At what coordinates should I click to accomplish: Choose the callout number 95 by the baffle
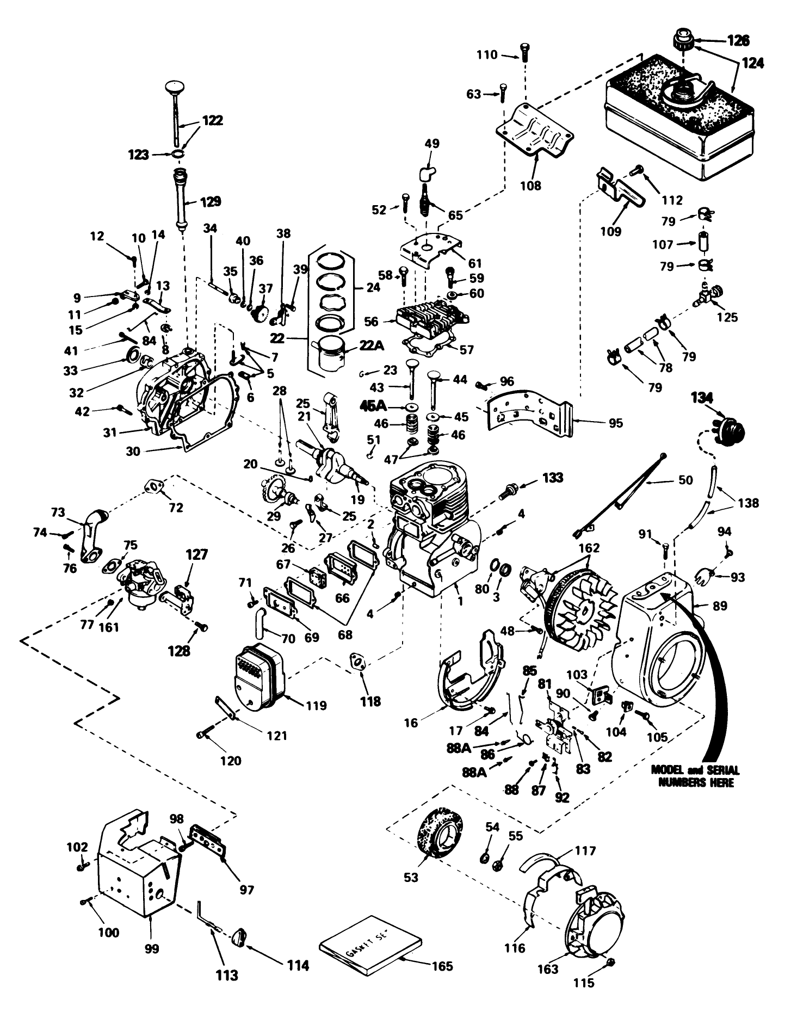coord(615,423)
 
